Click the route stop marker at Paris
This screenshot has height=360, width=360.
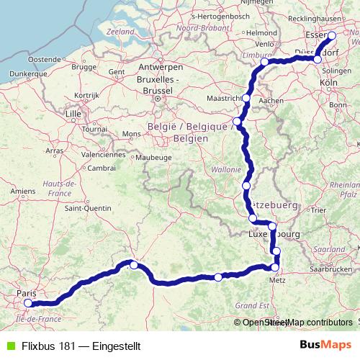pyautogui.click(x=28, y=303)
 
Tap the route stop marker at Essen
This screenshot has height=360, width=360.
pyautogui.click(x=332, y=36)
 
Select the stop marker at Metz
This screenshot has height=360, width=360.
pyautogui.click(x=274, y=267)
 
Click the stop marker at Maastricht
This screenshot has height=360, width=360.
pyautogui.click(x=246, y=98)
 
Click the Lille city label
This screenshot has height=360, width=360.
pyautogui.click(x=73, y=114)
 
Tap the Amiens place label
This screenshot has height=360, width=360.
pyautogui.click(x=23, y=191)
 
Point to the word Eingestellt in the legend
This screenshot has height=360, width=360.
pyautogui.click(x=109, y=346)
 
